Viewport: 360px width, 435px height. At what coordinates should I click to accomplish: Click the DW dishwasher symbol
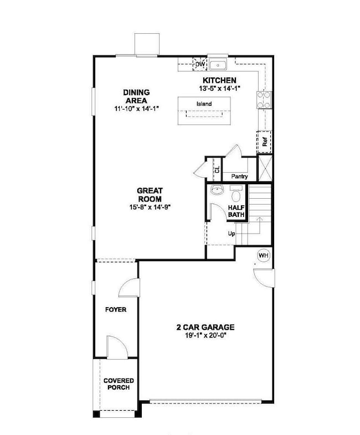point(200,64)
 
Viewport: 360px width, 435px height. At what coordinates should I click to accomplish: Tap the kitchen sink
point(218,65)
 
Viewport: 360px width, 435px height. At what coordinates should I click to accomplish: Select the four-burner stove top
point(264,100)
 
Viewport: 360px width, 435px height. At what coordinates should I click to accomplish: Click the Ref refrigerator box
point(265,142)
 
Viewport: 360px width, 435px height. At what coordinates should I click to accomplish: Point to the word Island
point(204,103)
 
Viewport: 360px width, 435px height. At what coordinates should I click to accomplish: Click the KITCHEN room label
point(219,80)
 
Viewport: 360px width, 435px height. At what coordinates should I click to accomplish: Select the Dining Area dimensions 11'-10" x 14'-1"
point(136,108)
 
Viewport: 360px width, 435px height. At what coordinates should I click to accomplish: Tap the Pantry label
point(239,176)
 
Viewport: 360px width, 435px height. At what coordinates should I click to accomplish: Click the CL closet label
point(217,169)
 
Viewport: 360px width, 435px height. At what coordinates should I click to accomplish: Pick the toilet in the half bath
point(236,194)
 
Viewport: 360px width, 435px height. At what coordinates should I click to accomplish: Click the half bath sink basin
point(217,190)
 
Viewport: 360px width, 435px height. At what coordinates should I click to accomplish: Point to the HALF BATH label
point(236,211)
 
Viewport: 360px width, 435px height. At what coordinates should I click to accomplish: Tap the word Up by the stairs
point(232,234)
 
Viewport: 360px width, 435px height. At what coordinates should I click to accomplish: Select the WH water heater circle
point(264,255)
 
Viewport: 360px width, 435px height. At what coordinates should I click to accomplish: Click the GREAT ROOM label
point(150,195)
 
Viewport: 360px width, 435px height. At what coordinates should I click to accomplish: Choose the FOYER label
point(116,309)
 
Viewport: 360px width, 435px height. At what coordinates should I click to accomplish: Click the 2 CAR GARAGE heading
point(205,327)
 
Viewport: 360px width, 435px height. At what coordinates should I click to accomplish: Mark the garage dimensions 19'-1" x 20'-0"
point(206,335)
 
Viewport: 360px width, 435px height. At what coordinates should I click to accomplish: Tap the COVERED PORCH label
point(119,384)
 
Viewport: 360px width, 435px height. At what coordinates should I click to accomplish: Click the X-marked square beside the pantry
point(265,168)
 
